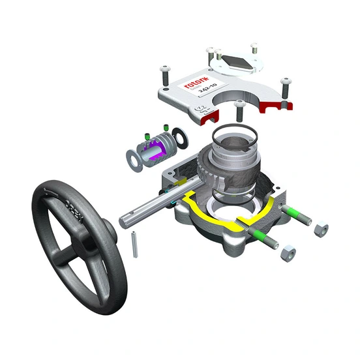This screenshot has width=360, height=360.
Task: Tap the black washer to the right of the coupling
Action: (181, 138)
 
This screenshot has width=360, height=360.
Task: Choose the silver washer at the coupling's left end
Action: (134, 157)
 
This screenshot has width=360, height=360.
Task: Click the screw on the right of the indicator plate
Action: (254, 48)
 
